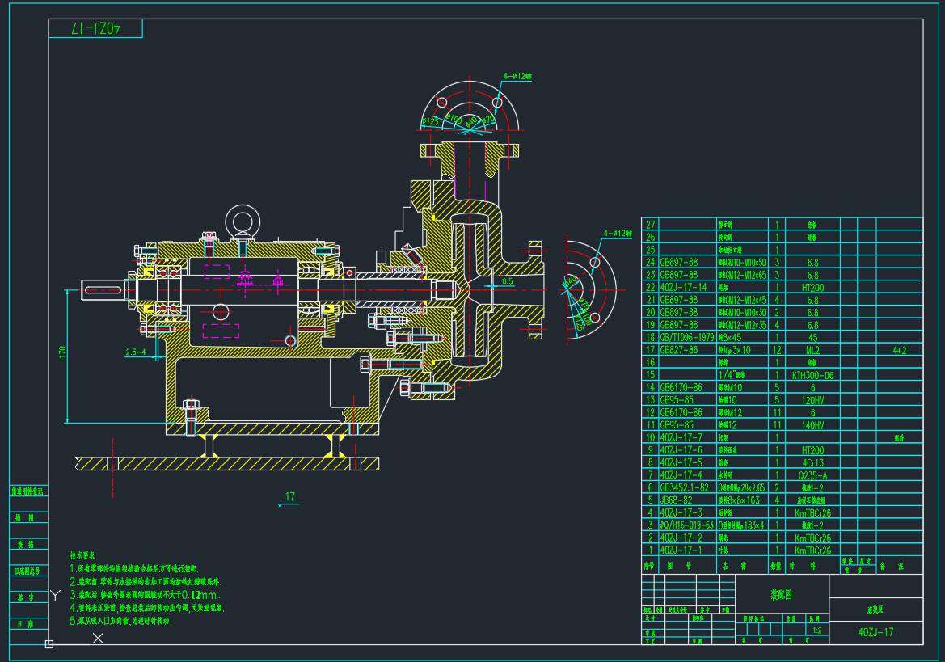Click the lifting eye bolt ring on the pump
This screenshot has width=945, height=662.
point(240,218)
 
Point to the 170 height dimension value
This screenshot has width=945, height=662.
point(62,352)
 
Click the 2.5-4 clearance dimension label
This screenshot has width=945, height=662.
point(136,352)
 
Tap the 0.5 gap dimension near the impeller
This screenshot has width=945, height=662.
point(507,281)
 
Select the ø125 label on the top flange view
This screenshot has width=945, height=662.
point(429,121)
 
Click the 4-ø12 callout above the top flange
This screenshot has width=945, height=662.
point(517,75)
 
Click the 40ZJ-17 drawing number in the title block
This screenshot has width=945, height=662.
point(876,632)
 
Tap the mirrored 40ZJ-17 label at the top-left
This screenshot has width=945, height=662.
point(95,28)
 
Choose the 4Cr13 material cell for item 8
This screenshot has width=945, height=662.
point(814,462)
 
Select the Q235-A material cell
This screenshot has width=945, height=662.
point(814,475)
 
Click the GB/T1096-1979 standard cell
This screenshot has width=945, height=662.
point(687,337)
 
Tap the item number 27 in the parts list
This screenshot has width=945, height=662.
point(650,225)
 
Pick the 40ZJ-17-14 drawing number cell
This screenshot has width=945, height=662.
point(684,287)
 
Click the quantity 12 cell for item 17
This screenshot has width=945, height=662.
point(776,350)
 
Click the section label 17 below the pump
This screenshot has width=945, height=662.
point(289,496)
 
